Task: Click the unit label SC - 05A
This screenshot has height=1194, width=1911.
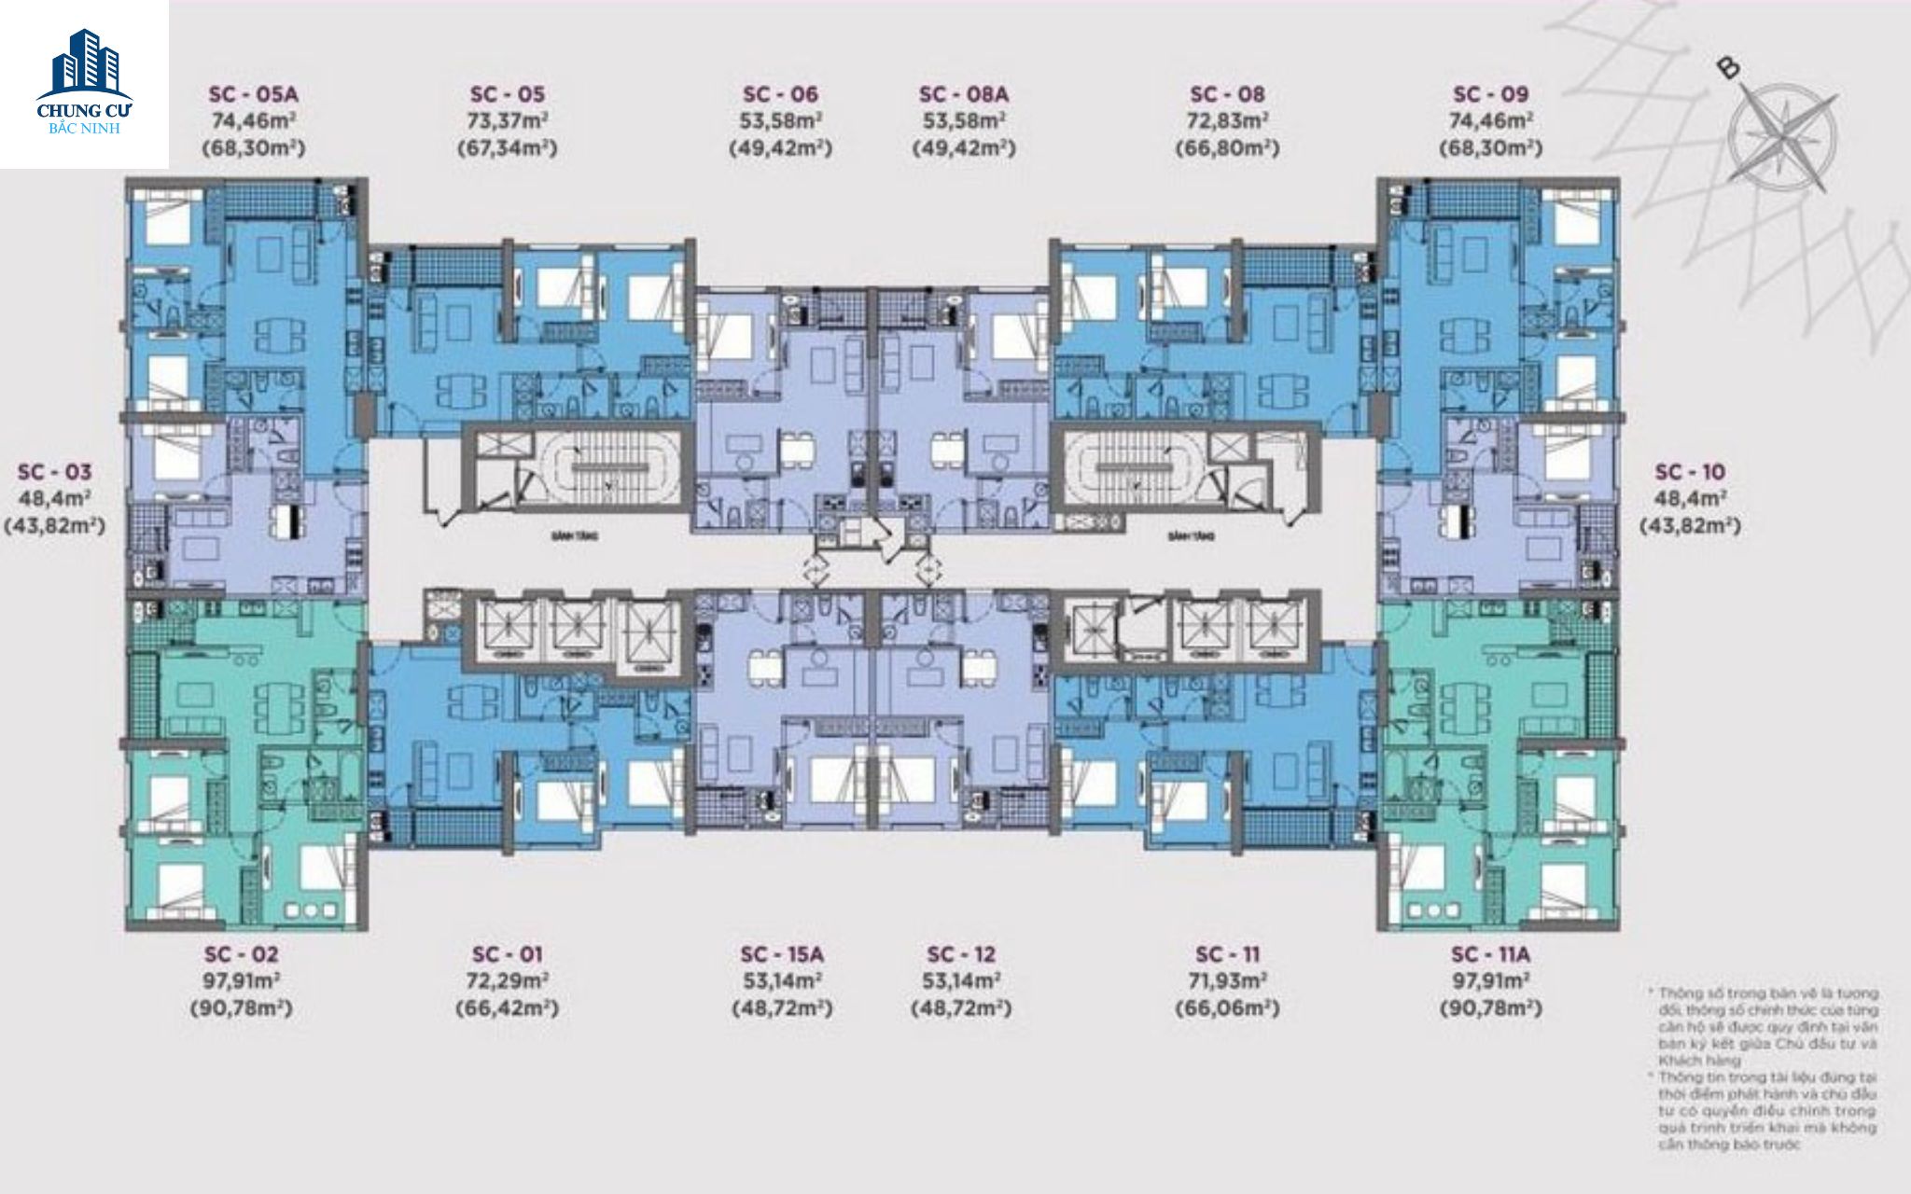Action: tap(253, 94)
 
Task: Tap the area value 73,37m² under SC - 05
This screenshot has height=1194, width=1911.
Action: tap(507, 121)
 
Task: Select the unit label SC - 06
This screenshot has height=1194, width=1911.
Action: tap(780, 94)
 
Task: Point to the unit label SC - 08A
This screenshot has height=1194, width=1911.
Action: tap(964, 94)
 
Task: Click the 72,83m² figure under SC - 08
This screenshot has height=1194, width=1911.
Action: tap(1227, 121)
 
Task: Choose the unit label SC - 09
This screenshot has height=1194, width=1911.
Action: tap(1490, 94)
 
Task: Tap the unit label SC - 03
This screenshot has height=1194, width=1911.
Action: tap(55, 472)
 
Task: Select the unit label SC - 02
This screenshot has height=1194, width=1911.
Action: tap(241, 954)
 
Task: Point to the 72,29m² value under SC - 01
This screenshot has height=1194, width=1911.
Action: tap(507, 981)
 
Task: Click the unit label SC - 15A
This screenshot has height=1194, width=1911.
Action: tap(782, 954)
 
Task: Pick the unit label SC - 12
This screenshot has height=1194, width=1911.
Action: tap(961, 954)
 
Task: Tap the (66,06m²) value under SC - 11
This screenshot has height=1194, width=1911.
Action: tap(1227, 1008)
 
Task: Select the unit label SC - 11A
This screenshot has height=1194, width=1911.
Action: tap(1490, 954)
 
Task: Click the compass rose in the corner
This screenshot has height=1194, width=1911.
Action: tap(1782, 138)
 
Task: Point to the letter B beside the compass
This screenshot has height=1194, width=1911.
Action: tap(1728, 67)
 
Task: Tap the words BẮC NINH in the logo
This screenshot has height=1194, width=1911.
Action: tap(84, 129)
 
